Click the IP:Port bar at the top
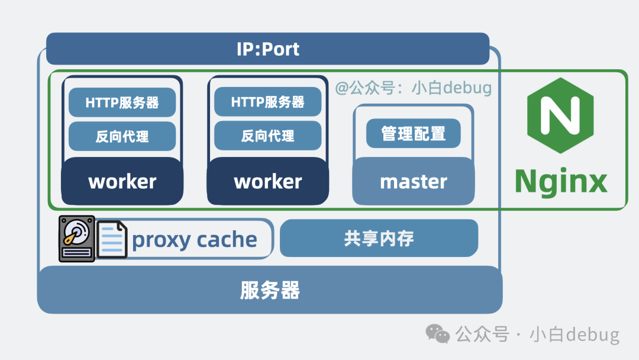coord(267,49)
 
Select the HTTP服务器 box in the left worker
coord(122,102)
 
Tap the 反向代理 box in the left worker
coord(122,136)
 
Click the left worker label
coord(122,181)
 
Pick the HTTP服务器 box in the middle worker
coord(267,102)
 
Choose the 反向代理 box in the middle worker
coord(267,136)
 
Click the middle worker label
coord(267,181)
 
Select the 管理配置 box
coord(413,133)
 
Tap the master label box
coord(413,181)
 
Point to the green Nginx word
coord(560,181)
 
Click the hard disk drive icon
coord(76,239)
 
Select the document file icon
coord(112,239)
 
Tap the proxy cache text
coord(194,240)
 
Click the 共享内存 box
coord(379,238)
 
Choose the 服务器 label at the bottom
coord(270,290)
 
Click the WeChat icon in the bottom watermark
coord(438,335)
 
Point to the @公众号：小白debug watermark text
coord(413,88)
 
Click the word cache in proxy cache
coord(227,240)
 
